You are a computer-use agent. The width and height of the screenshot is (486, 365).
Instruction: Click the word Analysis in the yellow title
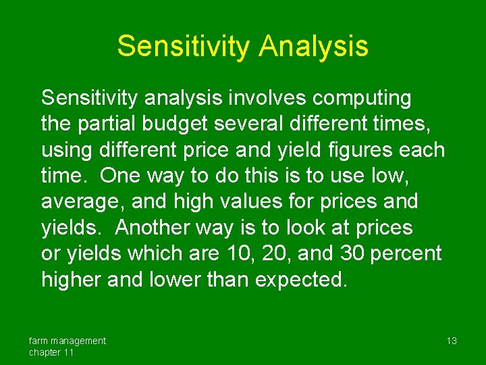pos(313,47)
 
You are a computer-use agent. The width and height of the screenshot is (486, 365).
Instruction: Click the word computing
pos(361,98)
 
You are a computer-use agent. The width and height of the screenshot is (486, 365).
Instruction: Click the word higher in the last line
pos(71,279)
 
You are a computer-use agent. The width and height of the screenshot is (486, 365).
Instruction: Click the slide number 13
pos(452,341)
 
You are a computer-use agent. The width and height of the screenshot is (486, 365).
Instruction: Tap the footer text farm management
pos(67,341)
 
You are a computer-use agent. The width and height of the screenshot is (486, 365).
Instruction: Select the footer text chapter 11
pos(51,352)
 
